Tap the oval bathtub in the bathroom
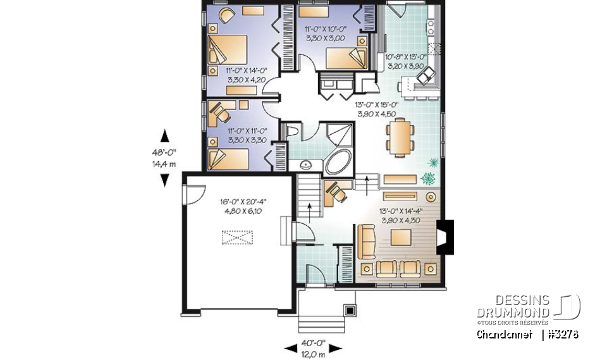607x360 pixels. point(340,163)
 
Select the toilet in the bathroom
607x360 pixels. point(291,132)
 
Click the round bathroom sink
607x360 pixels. point(306,166)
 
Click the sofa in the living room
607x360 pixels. point(365,241)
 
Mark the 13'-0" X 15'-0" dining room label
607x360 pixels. point(375,109)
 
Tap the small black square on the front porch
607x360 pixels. point(348,310)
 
